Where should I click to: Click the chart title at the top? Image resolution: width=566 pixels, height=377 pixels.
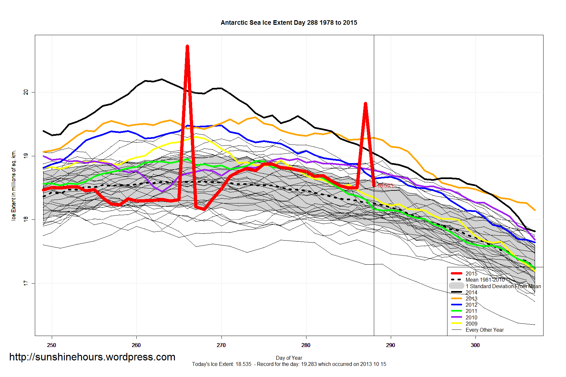point(289,23)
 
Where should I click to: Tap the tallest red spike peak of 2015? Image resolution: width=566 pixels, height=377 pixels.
point(187,47)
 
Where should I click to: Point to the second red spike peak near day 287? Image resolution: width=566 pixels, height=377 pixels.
point(365,104)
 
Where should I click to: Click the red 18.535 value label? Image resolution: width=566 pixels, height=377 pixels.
point(385,186)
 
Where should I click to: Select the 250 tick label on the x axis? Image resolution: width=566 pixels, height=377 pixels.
point(51,345)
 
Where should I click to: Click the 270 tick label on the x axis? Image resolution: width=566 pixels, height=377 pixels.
point(221,345)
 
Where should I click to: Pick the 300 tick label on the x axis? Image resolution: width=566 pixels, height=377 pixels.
point(475,345)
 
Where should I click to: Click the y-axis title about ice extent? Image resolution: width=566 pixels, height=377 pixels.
point(14,186)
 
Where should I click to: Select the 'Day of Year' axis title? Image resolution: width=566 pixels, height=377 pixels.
point(289,358)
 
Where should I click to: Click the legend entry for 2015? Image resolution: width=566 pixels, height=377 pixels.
point(471,273)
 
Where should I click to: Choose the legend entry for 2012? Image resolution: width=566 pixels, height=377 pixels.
point(471,305)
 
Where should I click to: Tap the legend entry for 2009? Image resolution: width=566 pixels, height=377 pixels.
point(471,324)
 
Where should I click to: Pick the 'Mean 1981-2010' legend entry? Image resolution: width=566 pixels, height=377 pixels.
point(485,280)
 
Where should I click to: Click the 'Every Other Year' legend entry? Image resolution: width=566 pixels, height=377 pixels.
point(485,330)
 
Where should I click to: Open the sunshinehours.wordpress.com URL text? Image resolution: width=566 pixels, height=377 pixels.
point(92,357)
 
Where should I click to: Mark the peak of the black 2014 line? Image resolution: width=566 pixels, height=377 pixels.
point(162,79)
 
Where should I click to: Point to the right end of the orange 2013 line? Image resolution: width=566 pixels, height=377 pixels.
point(535,210)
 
